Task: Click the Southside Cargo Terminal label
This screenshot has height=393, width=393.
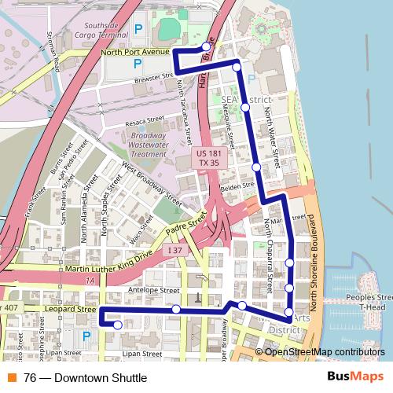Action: pyautogui.click(x=106, y=29)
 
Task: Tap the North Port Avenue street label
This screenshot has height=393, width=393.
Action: pyautogui.click(x=135, y=53)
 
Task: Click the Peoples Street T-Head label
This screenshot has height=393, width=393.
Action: pyautogui.click(x=373, y=303)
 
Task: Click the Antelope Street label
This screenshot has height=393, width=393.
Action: pyautogui.click(x=153, y=290)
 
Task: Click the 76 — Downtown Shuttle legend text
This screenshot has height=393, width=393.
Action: pyautogui.click(x=85, y=378)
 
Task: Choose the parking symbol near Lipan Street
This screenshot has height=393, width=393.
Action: pyautogui.click(x=86, y=336)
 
